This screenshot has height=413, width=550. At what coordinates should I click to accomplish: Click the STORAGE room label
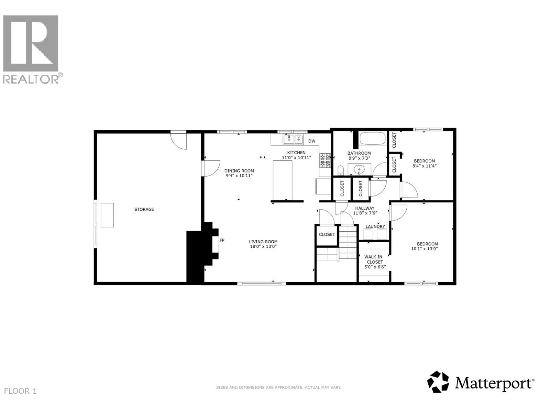tap(144, 209)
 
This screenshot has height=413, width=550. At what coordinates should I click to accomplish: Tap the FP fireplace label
tap(222, 240)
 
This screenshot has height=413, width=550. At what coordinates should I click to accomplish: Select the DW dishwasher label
tap(312, 141)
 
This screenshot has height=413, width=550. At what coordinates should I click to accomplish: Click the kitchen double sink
tap(293, 139)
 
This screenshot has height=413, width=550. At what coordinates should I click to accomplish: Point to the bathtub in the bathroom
tap(373, 138)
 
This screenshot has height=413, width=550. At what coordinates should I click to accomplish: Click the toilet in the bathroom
tap(341, 170)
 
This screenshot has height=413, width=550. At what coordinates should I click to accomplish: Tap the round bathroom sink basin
tap(359, 170)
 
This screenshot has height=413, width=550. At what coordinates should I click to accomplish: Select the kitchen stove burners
tap(325, 160)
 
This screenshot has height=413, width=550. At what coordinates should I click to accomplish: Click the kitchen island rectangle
tap(283, 180)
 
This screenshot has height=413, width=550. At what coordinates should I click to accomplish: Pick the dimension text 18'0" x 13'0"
tap(263, 246)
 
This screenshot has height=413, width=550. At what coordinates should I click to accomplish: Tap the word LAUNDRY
tap(375, 226)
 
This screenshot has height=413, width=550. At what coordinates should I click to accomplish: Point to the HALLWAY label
tap(365, 208)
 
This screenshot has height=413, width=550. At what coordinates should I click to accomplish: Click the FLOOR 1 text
tap(20, 391)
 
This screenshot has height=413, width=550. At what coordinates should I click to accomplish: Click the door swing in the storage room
tap(179, 141)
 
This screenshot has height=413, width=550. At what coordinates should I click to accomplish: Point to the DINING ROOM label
tap(239, 171)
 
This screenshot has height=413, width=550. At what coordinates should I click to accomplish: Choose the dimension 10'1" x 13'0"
tap(425, 249)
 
